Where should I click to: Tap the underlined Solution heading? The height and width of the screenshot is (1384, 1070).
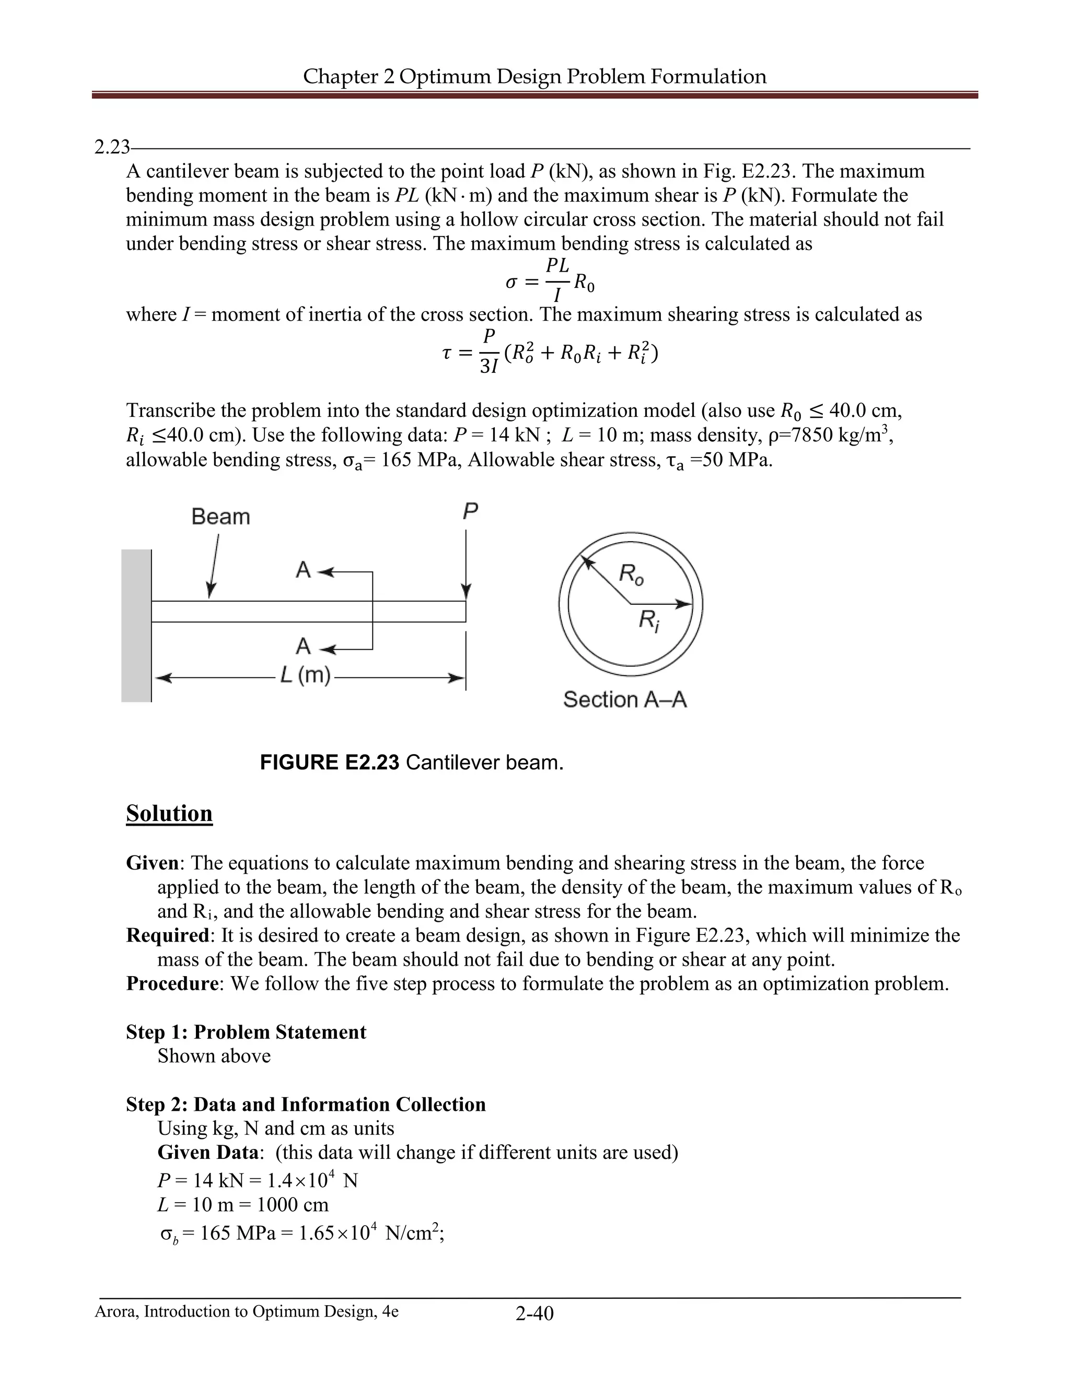pyautogui.click(x=169, y=813)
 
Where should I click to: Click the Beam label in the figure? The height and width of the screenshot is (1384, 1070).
pyautogui.click(x=220, y=517)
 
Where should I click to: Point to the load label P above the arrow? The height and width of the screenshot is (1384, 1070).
pyautogui.click(x=470, y=511)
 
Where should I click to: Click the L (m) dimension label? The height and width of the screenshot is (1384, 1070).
pyautogui.click(x=306, y=675)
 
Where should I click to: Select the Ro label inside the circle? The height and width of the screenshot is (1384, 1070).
pyautogui.click(x=631, y=575)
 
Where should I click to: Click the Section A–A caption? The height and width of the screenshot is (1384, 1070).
pyautogui.click(x=625, y=700)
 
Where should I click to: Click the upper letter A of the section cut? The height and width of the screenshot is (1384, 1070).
pyautogui.click(x=303, y=570)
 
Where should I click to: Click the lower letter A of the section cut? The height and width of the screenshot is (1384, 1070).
pyautogui.click(x=303, y=647)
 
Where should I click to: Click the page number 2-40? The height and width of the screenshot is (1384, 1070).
pyautogui.click(x=534, y=1313)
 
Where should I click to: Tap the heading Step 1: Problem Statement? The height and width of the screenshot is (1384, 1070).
pyautogui.click(x=246, y=1031)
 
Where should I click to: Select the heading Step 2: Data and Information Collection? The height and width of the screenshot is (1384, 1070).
pyautogui.click(x=306, y=1104)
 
